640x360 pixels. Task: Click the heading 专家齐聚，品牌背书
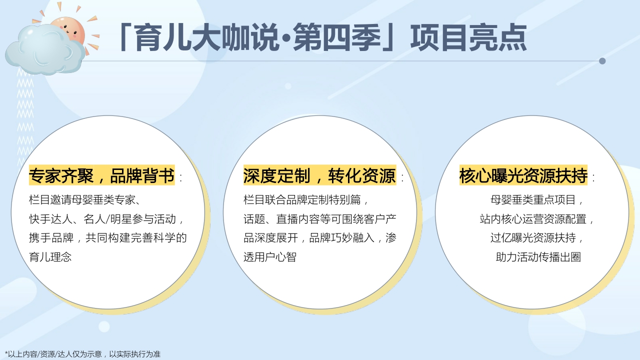click(x=102, y=175)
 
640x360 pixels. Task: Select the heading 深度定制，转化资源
click(x=319, y=175)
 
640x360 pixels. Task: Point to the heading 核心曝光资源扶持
click(x=523, y=175)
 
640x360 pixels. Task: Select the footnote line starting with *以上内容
click(x=82, y=354)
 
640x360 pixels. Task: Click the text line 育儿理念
click(x=50, y=257)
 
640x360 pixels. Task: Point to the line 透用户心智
click(x=270, y=257)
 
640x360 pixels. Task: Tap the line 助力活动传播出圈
click(x=538, y=257)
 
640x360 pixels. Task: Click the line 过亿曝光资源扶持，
click(x=537, y=238)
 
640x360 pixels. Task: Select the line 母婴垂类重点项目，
click(x=537, y=200)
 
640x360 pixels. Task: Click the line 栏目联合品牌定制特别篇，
click(x=306, y=200)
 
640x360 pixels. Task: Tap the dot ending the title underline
click(x=602, y=61)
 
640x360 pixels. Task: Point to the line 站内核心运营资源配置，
click(x=537, y=219)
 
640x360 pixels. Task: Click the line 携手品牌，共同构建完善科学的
click(x=107, y=238)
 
